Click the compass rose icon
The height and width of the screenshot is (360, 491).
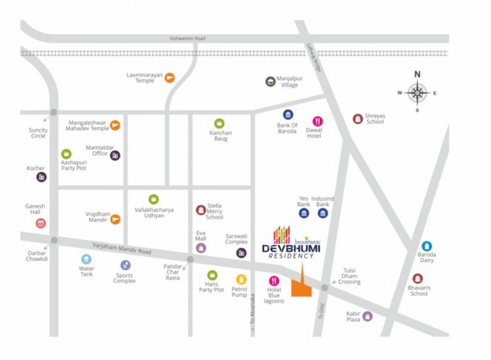click(417, 93)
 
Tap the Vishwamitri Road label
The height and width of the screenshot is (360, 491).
click(187, 38)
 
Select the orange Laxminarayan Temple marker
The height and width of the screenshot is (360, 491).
click(170, 78)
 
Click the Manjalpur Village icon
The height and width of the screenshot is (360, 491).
click(270, 82)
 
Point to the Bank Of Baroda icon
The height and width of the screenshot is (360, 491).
click(288, 115)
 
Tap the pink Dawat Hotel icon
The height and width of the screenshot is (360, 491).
click(318, 121)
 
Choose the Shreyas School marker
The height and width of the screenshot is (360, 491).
click(357, 119)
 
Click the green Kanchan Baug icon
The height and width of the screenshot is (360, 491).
click(219, 123)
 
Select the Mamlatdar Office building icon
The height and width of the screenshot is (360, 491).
click(115, 156)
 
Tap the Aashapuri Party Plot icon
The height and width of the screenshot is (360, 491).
click(67, 154)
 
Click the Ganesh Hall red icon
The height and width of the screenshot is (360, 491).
click(41, 223)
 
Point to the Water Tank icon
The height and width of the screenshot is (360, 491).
click(86, 259)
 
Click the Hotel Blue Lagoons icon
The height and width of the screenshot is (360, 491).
click(274, 281)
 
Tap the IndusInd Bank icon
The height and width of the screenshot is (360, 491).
click(323, 214)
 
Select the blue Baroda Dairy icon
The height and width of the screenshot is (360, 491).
click(426, 246)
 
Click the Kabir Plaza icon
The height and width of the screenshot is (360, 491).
click(368, 316)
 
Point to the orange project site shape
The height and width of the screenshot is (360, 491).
click(301, 286)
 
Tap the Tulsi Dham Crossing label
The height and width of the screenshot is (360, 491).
click(350, 277)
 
